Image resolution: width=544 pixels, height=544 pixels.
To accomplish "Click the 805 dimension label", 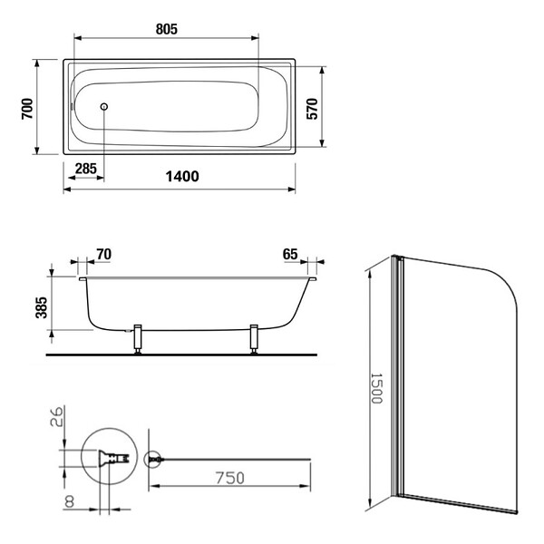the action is [167, 29].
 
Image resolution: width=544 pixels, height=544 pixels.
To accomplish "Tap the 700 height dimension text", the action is [27, 109].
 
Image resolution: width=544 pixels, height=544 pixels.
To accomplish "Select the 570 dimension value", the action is [312, 109].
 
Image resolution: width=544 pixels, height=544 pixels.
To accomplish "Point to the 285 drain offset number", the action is [86, 169].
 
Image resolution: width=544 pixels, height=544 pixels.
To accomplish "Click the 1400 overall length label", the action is [182, 177].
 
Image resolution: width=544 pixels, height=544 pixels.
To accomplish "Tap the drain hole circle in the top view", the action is [104, 106].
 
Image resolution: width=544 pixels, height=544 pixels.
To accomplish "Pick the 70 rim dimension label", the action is [103, 254].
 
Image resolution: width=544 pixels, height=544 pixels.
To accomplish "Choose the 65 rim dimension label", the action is [290, 254].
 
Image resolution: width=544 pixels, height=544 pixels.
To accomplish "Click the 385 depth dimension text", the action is [42, 307].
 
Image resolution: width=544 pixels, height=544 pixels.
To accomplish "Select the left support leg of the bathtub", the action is [138, 339].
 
